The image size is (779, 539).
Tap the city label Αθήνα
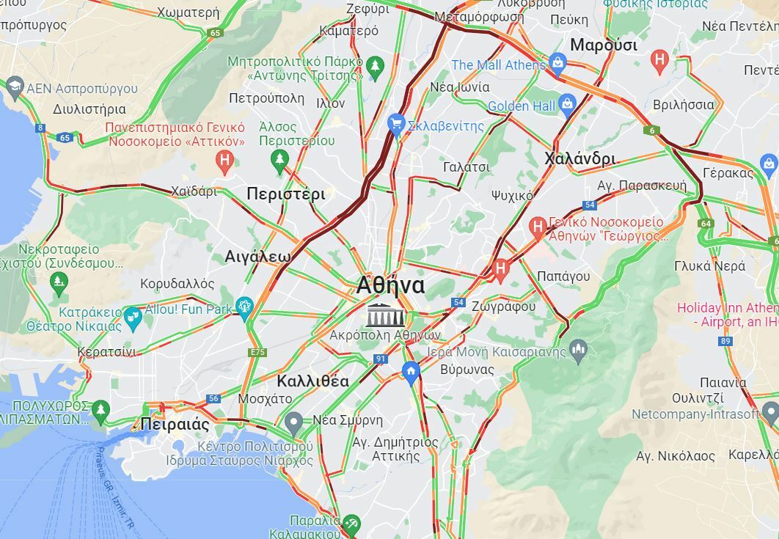tap(390, 285)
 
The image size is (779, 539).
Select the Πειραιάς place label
tap(175, 425)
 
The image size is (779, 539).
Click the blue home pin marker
tap(411, 372)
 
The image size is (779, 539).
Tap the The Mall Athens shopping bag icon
tap(557, 63)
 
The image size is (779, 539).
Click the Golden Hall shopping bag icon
tap(567, 105)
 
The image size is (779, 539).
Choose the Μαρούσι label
tap(603, 45)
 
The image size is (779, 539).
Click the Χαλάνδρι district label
tap(580, 158)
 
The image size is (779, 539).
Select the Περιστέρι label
tap(285, 194)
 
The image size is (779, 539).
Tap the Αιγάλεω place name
tap(257, 257)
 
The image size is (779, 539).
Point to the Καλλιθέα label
tap(312, 381)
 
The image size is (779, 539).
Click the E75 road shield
tap(257, 353)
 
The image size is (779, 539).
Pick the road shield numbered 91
tap(380, 359)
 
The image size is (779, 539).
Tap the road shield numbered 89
tap(725, 341)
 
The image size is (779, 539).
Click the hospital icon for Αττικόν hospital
tap(225, 159)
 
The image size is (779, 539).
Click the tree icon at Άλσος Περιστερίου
tap(279, 158)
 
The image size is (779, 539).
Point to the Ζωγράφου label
tap(504, 307)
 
